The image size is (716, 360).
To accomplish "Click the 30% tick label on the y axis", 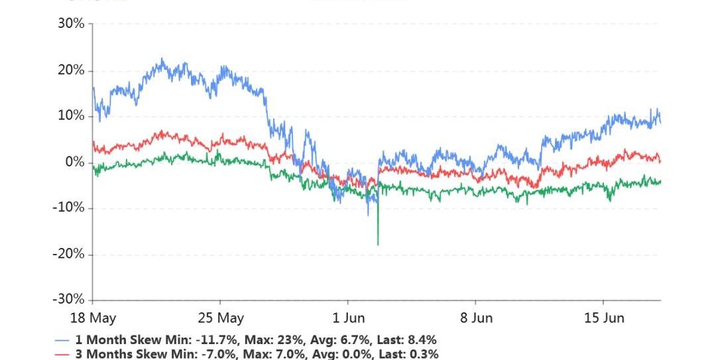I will [71, 24].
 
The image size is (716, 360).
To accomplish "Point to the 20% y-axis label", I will [71, 70].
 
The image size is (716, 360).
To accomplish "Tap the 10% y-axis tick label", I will [71, 116].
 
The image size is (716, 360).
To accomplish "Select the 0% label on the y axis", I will [74, 162].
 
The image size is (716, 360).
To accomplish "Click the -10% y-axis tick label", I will [69, 208].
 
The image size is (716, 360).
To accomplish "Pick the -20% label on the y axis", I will [69, 254].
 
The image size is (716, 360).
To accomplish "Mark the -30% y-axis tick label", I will [69, 300].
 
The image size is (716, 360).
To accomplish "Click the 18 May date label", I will [93, 318].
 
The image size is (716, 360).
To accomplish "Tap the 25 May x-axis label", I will [221, 318].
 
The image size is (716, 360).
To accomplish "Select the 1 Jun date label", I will [349, 318].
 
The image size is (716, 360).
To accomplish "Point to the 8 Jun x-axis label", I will [477, 318].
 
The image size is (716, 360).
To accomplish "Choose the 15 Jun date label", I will [605, 318].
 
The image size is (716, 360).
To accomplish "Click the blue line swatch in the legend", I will [62, 340].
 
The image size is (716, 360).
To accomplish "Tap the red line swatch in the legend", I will [62, 355].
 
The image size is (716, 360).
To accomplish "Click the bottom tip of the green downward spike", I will [378, 245].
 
